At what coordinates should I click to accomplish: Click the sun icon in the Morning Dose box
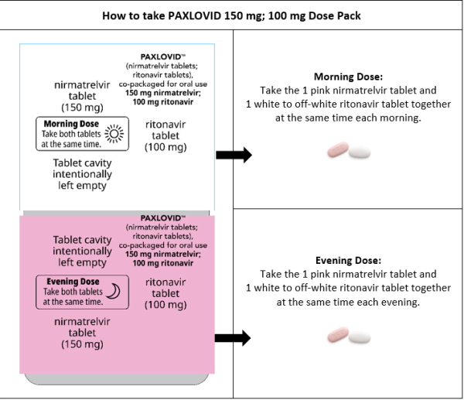114,134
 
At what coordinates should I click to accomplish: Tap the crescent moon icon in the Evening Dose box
114,291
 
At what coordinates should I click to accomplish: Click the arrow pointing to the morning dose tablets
234,155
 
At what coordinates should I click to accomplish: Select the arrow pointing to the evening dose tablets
233,338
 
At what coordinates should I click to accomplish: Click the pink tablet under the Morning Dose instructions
338,149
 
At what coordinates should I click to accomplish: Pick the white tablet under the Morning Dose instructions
360,152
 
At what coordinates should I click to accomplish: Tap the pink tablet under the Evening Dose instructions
338,334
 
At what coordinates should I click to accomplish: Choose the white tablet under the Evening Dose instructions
360,337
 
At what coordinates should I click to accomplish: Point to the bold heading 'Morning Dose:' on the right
348,77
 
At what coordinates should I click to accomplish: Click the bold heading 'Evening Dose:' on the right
348,260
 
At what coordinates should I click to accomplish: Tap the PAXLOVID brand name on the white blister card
161,56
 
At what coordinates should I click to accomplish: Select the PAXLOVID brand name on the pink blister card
161,218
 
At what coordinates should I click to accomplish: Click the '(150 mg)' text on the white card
82,108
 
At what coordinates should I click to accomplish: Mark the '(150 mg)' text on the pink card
82,344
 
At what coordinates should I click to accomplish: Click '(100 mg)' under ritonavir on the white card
165,147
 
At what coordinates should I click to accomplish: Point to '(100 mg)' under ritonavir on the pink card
165,305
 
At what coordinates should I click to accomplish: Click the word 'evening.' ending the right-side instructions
401,302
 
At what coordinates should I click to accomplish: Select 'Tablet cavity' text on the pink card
82,240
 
